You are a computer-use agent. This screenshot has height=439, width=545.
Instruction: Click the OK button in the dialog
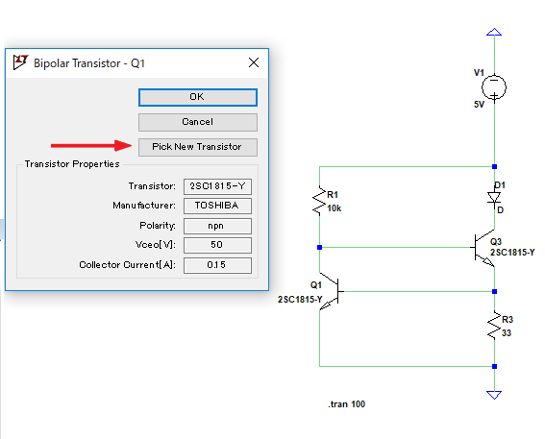pos(198,97)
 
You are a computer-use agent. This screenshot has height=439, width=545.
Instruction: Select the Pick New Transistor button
pos(198,147)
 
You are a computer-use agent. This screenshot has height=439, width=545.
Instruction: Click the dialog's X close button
pos(254,62)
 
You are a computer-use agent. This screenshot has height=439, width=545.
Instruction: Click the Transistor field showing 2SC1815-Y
pos(217,186)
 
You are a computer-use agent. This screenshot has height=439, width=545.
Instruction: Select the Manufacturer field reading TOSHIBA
pos(217,206)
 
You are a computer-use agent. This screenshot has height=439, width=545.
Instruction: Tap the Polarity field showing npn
pos(217,226)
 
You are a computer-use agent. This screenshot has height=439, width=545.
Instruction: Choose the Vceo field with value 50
pos(217,245)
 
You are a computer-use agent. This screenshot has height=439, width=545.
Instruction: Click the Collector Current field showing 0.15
pos(217,265)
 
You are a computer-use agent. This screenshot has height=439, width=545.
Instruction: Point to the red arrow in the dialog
pos(91,145)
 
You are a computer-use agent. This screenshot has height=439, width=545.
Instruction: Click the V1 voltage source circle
pos(494,86)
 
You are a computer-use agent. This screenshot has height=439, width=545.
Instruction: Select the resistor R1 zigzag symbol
pos(319,201)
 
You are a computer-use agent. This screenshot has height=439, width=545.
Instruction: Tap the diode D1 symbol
pos(494,198)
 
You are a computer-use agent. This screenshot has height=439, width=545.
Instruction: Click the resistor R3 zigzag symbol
pos(494,325)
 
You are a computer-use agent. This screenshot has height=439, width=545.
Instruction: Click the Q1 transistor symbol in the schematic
pos(332,291)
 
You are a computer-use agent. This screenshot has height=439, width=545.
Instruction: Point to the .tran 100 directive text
pos(347,404)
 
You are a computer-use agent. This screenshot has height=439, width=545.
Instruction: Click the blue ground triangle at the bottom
pos(494,395)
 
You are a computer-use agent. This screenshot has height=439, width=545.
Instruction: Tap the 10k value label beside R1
pos(334,208)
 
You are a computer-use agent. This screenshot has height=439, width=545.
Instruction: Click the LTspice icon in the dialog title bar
pos(20,62)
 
